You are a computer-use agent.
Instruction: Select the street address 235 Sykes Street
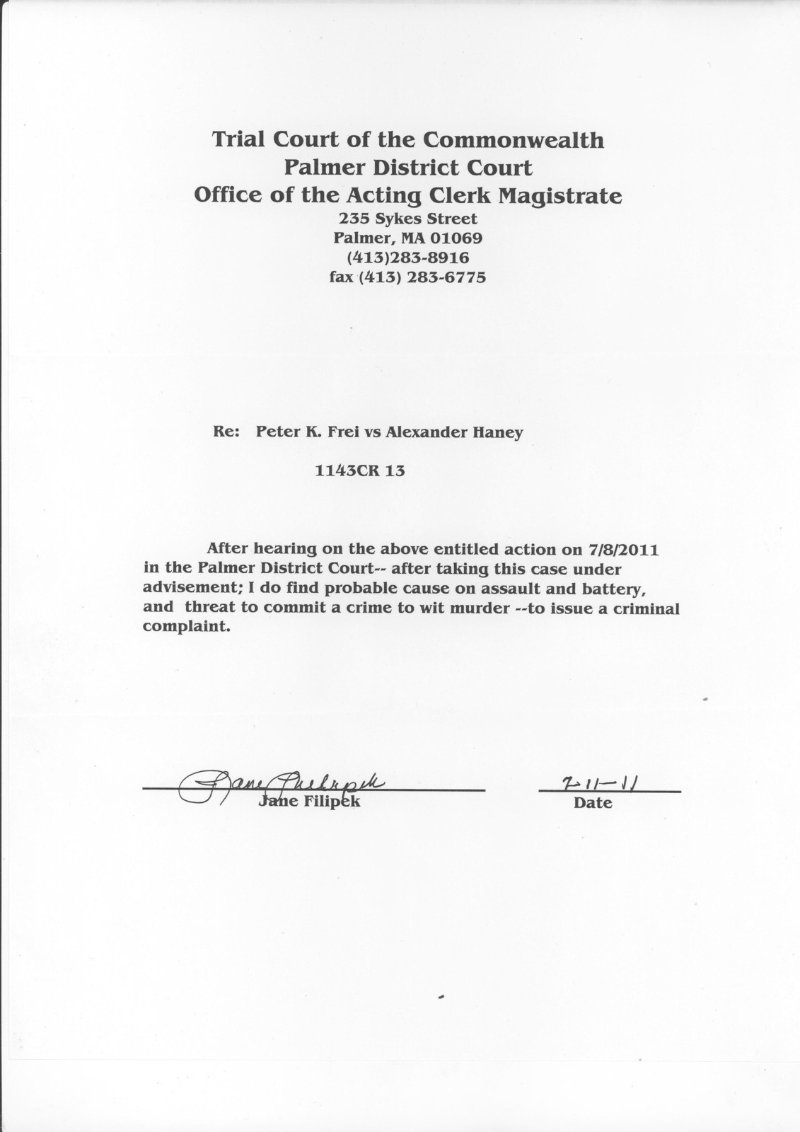(x=408, y=219)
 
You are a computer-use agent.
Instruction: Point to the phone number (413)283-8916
(x=408, y=258)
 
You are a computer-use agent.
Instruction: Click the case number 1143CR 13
(x=360, y=470)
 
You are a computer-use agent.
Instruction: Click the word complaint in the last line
(x=186, y=627)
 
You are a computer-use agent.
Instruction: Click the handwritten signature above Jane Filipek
(x=283, y=782)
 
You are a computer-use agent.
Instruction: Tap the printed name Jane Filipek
(x=311, y=802)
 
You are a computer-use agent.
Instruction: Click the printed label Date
(x=593, y=803)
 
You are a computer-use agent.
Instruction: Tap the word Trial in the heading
(x=239, y=139)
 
